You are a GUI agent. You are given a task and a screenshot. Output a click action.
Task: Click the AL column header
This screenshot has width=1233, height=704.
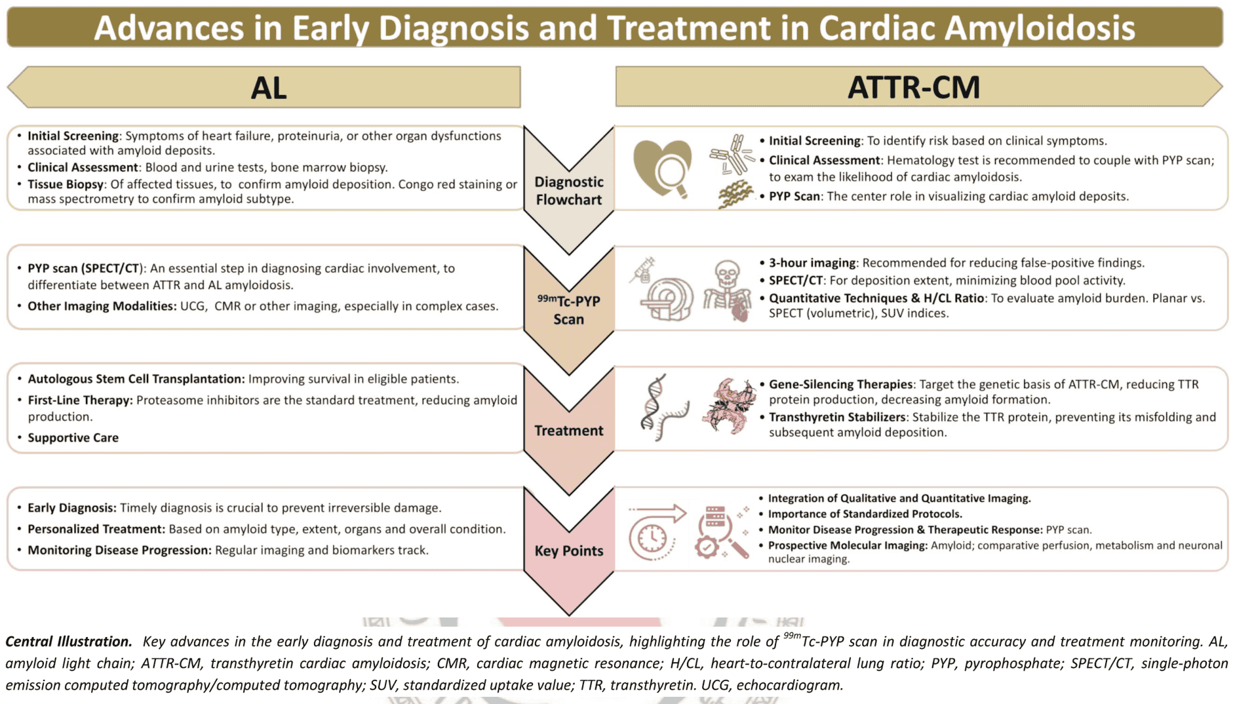(269, 88)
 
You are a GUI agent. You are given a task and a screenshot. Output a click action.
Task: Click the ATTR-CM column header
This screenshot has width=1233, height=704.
(914, 87)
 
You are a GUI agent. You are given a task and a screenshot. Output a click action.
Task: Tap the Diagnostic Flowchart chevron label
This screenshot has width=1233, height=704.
(568, 191)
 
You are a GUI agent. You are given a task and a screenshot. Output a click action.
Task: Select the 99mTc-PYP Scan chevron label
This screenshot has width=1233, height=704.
(568, 310)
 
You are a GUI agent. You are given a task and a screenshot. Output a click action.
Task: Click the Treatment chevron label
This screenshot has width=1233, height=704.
(568, 431)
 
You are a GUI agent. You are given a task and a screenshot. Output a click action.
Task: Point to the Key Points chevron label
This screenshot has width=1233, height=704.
(568, 551)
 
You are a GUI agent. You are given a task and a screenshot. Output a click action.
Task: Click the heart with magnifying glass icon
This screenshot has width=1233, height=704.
(662, 168)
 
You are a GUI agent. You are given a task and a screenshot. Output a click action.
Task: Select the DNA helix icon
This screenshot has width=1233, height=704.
(663, 406)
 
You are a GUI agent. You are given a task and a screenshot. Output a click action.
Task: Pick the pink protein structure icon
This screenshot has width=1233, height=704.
(728, 405)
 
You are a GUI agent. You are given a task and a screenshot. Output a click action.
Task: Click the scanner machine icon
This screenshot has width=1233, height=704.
(663, 290)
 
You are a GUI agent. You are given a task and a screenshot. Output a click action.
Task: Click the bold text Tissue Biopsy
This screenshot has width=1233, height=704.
(66, 184)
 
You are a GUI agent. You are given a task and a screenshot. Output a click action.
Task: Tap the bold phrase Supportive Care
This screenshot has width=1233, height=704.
(73, 437)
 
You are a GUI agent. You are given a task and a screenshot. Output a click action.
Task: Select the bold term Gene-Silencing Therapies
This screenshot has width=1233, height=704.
(840, 384)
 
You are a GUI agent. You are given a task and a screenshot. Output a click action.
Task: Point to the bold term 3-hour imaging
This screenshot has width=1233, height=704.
(812, 263)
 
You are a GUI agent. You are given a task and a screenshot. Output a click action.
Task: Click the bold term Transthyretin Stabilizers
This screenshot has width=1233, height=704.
(837, 417)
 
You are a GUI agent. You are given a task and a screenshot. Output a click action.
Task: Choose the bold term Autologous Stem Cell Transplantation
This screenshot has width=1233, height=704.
(136, 379)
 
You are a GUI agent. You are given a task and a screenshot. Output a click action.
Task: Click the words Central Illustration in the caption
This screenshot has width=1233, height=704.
(69, 641)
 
